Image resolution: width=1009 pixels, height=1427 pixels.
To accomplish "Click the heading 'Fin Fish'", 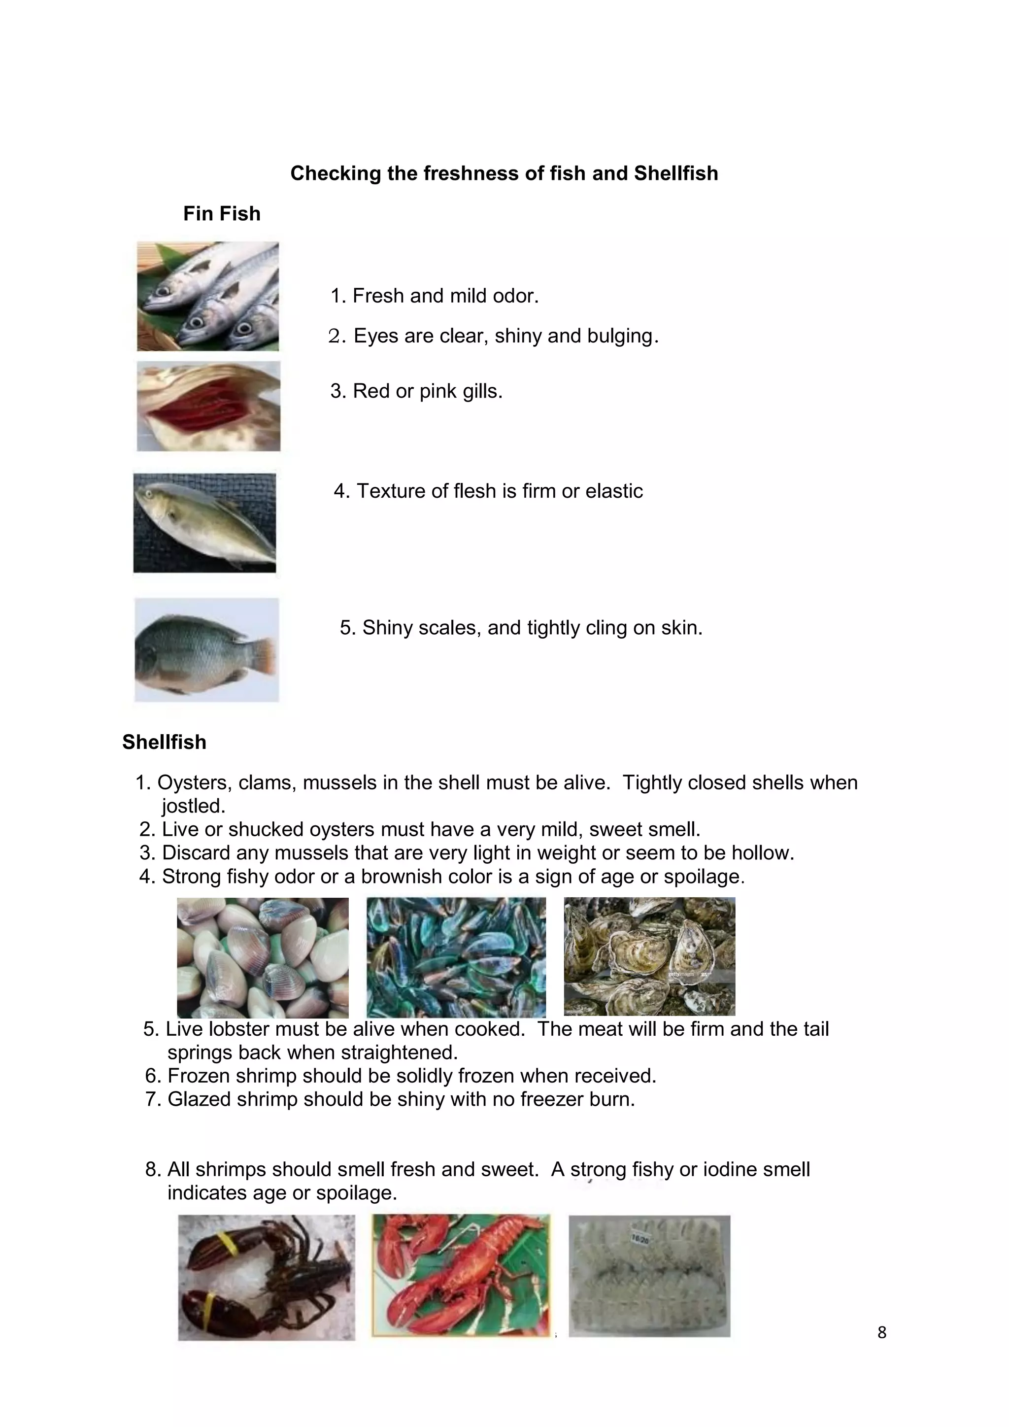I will pos(221,213).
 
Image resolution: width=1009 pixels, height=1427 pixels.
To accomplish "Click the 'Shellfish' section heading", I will pos(164,742).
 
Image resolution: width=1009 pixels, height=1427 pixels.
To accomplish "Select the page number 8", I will pos(881,1332).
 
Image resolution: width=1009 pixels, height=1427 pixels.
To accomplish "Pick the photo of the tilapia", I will pos(206,649).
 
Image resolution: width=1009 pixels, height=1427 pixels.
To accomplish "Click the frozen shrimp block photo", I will pos(649,1276).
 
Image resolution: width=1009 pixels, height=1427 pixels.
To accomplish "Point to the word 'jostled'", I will pos(193,806).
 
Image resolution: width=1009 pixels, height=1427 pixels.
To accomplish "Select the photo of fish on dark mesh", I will pos(204,523).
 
